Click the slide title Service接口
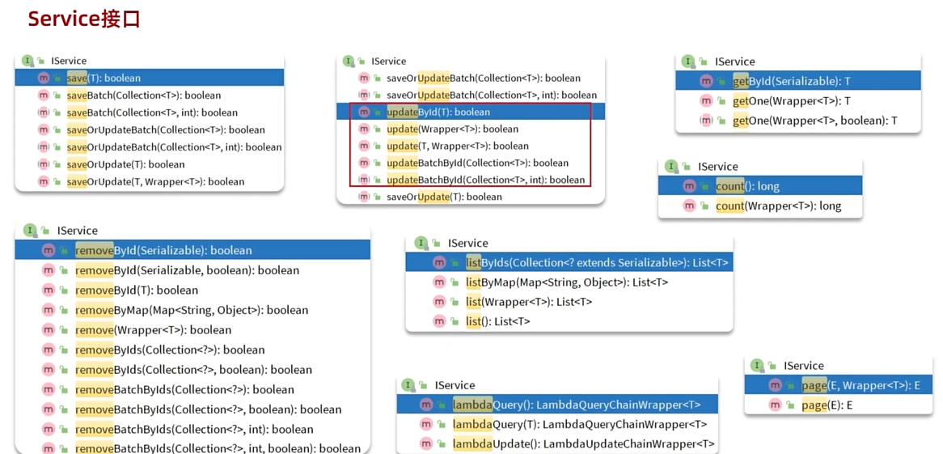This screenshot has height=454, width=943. (84, 19)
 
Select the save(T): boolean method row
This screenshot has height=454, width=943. (104, 78)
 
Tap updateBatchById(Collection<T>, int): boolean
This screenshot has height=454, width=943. (485, 180)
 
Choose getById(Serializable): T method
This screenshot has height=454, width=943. (791, 81)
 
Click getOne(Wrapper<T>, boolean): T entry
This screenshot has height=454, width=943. (814, 121)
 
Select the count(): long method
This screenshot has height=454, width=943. (747, 186)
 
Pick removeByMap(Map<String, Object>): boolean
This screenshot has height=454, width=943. (192, 310)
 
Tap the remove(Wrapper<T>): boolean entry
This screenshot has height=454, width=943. (153, 330)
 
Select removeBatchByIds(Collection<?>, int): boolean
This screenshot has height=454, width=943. (194, 429)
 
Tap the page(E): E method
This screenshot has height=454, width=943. (827, 405)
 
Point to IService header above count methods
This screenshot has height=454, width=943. (717, 166)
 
